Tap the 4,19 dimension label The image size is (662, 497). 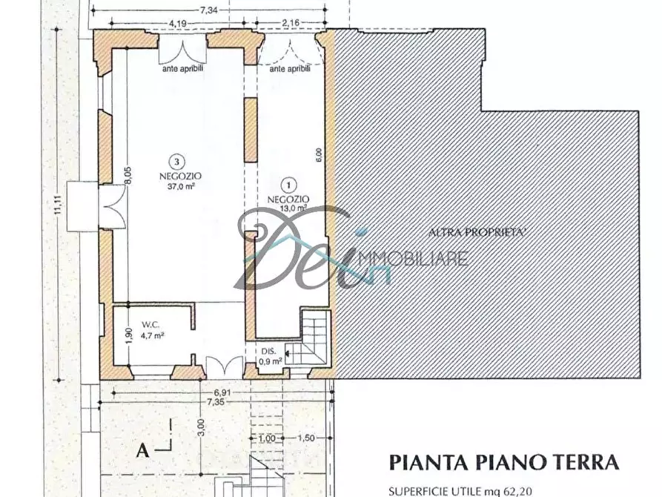coord(177,24)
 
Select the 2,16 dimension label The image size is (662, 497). coord(291,24)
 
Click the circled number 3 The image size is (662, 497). coord(176,161)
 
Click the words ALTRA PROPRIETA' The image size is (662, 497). coord(478,232)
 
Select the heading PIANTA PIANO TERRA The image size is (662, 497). coord(504,462)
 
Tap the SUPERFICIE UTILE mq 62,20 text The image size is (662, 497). coord(460,490)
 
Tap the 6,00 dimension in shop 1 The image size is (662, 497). coord(319,154)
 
